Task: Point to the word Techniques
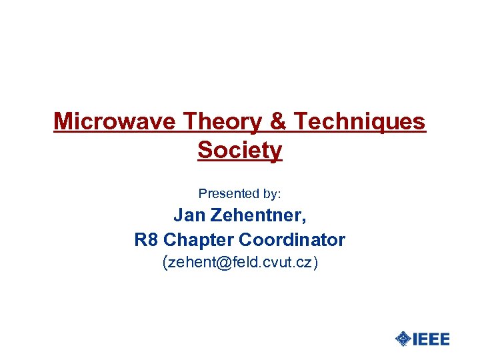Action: pyautogui.click(x=359, y=122)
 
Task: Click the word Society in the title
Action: pyautogui.click(x=240, y=151)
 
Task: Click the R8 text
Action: pyautogui.click(x=146, y=239)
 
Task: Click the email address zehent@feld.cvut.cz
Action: pyautogui.click(x=241, y=263)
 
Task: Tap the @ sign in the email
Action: pyautogui.click(x=221, y=263)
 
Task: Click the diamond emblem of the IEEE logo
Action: pyautogui.click(x=403, y=339)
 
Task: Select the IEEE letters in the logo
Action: pyautogui.click(x=431, y=339)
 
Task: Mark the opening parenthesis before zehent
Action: pyautogui.click(x=165, y=263)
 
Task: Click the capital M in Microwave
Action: pyautogui.click(x=62, y=121)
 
